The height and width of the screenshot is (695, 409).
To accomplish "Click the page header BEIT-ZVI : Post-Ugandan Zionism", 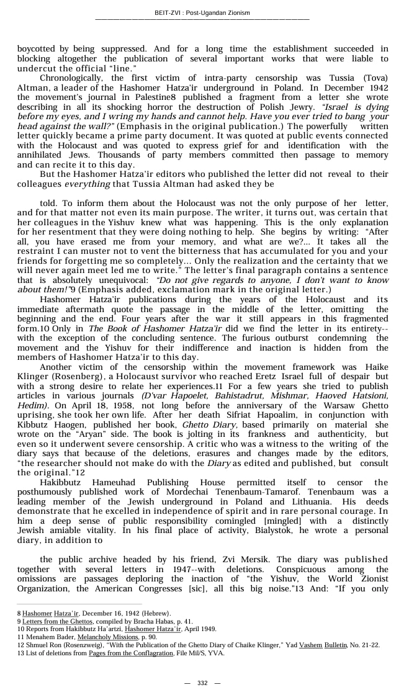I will [x=202, y=12].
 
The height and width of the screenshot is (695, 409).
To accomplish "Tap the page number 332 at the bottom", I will [x=202, y=683].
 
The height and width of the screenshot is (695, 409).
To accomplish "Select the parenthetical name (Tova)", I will [x=374, y=78].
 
